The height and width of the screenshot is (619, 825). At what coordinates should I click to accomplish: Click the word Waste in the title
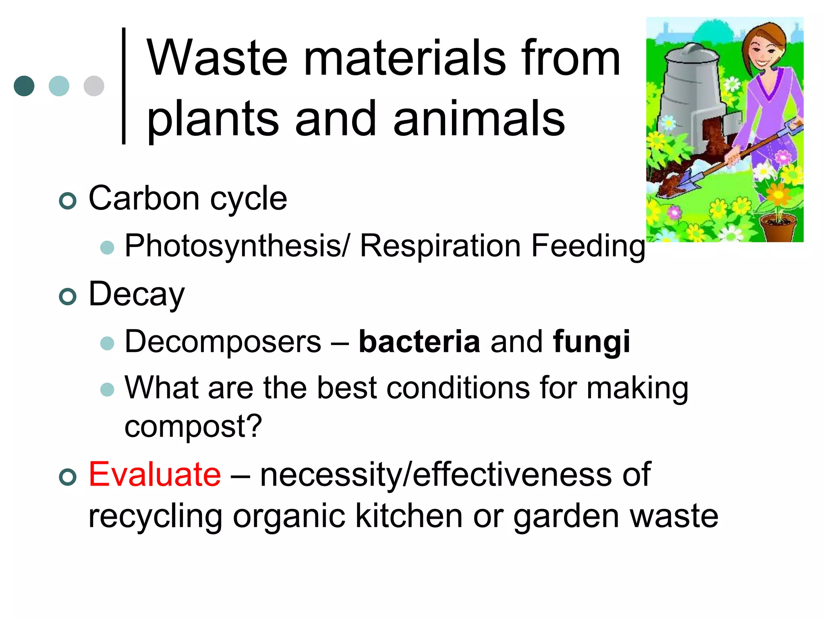(x=217, y=58)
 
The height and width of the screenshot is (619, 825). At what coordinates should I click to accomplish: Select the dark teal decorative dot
(x=24, y=86)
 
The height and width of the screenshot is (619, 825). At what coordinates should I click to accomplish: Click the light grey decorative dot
(x=94, y=86)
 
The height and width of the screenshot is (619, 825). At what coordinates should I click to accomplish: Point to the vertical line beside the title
(x=124, y=85)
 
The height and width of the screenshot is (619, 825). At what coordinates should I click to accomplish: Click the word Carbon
(x=144, y=198)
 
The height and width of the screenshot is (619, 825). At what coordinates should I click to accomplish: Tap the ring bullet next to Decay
(x=67, y=297)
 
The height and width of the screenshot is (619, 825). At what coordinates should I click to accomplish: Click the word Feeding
(x=588, y=246)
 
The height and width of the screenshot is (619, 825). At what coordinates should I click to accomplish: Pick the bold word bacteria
(x=419, y=342)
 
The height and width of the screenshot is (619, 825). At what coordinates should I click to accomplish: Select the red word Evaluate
(x=155, y=474)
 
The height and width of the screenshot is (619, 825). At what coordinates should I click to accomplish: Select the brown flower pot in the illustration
(x=778, y=228)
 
